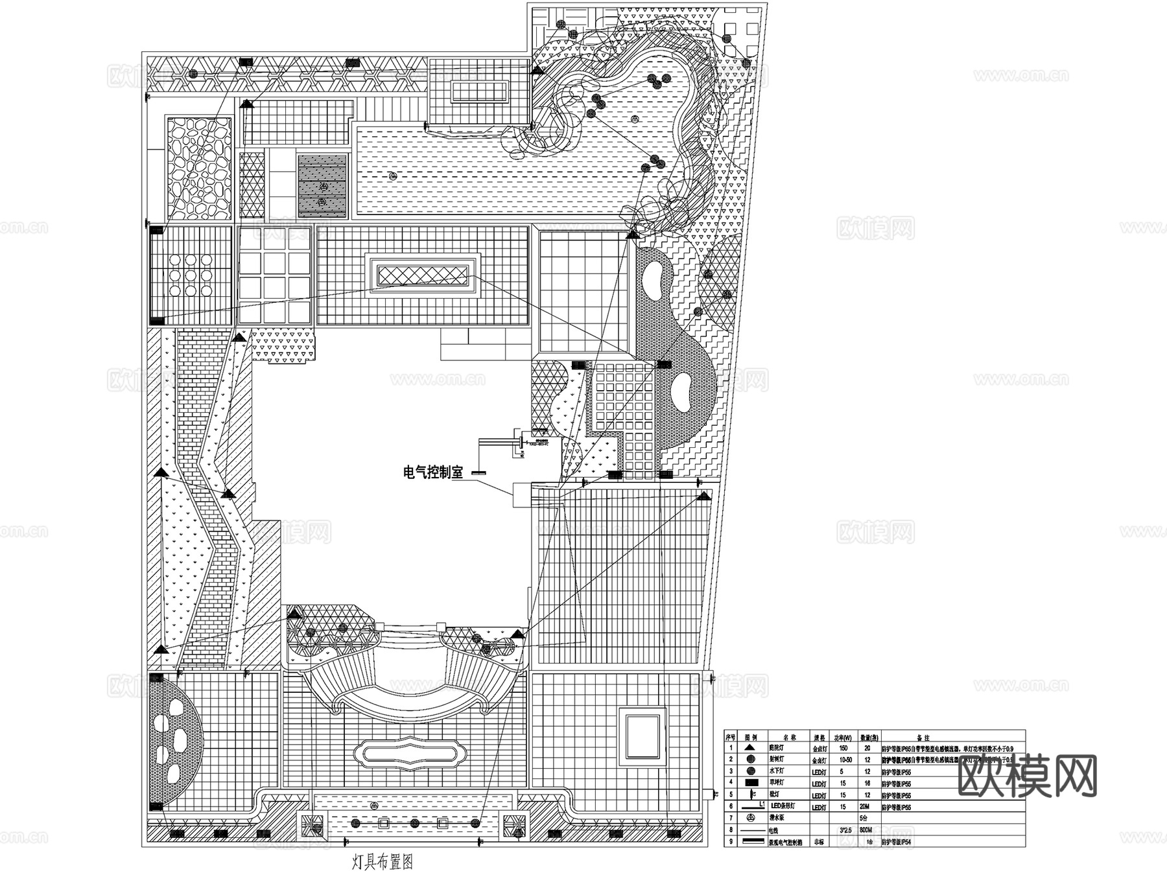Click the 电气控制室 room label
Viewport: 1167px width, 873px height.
pyautogui.click(x=433, y=472)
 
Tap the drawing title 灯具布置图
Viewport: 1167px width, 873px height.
pyautogui.click(x=383, y=862)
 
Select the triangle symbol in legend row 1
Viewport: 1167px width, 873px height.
pyautogui.click(x=750, y=747)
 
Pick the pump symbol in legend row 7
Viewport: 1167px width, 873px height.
pyautogui.click(x=751, y=817)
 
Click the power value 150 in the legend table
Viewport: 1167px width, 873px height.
pyautogui.click(x=843, y=748)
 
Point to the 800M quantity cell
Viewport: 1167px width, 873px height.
pyautogui.click(x=866, y=830)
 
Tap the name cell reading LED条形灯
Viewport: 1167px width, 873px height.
pyautogui.click(x=783, y=806)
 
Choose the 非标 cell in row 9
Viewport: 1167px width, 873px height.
pyautogui.click(x=819, y=842)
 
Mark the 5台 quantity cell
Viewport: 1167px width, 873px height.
pyautogui.click(x=863, y=818)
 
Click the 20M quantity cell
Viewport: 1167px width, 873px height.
pyautogui.click(x=864, y=806)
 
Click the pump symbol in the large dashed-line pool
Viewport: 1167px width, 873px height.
pyautogui.click(x=392, y=176)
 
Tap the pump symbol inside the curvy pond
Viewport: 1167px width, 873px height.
pyautogui.click(x=634, y=119)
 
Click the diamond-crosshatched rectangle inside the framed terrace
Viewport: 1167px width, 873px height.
pyautogui.click(x=423, y=276)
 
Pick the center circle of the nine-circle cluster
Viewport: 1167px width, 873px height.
pyautogui.click(x=191, y=275)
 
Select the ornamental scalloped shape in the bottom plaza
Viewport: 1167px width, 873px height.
pyautogui.click(x=414, y=755)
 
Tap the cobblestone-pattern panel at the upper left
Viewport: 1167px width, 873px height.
pyautogui.click(x=198, y=169)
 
